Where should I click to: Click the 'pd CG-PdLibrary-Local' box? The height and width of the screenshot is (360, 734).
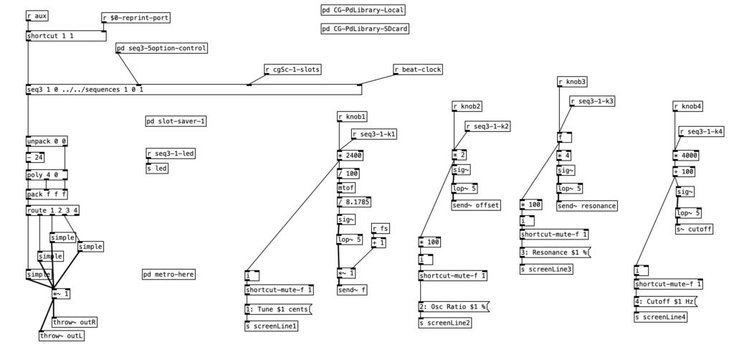point(363,10)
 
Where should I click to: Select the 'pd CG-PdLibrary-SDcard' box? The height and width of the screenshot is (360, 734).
point(366,29)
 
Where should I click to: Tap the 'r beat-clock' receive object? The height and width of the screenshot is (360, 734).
point(418,70)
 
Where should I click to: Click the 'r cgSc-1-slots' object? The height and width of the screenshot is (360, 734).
point(292,70)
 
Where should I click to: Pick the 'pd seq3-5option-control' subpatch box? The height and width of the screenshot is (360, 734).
point(162,49)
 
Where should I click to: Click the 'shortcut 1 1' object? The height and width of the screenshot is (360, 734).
point(50,36)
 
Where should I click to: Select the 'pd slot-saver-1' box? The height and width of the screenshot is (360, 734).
point(176,121)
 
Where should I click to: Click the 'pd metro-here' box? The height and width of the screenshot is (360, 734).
point(168,275)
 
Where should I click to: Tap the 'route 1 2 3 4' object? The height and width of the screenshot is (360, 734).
point(52,210)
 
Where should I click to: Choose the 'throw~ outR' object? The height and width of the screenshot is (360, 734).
point(75,322)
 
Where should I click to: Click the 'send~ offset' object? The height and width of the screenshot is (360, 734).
point(475,206)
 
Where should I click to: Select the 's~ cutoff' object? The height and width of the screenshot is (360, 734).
point(695,229)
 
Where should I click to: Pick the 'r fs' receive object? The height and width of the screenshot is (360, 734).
point(381,229)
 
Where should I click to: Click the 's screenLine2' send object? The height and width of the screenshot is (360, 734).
point(445,323)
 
